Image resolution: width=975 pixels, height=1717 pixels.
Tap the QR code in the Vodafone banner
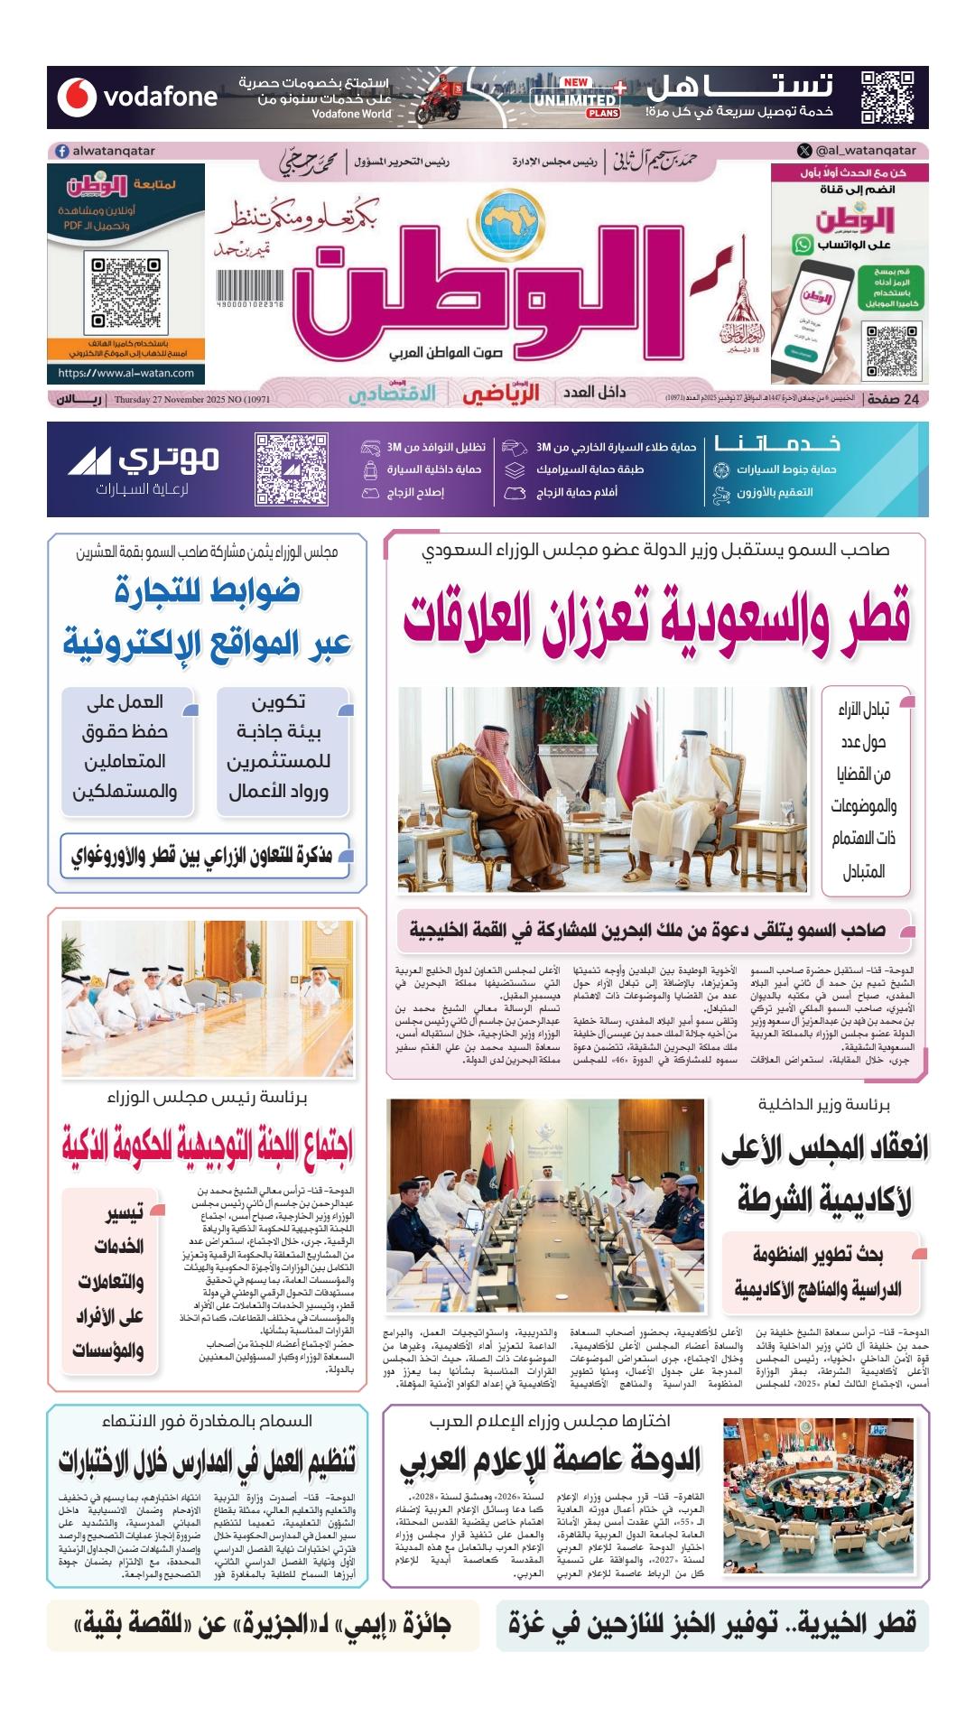click(x=881, y=96)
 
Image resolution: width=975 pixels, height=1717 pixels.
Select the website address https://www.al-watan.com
click(x=126, y=373)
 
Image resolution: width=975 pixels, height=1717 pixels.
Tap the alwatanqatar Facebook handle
click(x=106, y=151)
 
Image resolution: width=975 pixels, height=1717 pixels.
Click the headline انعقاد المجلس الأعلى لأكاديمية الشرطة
click(x=824, y=1174)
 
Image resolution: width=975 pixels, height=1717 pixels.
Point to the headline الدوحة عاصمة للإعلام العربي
click(x=550, y=1461)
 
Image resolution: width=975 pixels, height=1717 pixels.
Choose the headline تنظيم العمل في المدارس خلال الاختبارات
click(x=208, y=1461)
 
